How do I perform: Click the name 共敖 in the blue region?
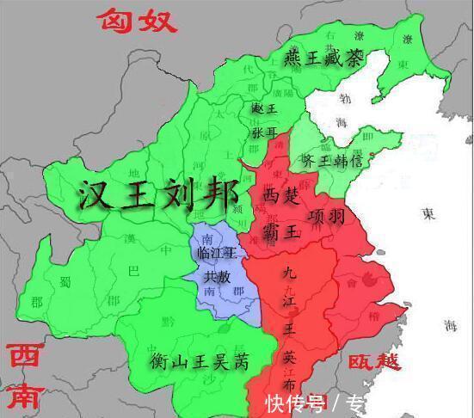[x=217, y=277]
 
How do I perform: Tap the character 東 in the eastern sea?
[x=428, y=212]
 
